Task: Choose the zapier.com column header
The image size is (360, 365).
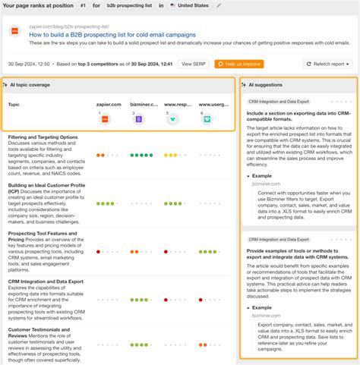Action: coord(109,104)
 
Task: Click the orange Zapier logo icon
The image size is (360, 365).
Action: coord(106,118)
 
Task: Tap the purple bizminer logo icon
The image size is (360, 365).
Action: coord(138,118)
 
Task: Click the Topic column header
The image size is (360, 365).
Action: coord(14,104)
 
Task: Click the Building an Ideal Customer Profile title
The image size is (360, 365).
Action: coord(46,185)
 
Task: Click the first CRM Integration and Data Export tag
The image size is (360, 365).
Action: coord(277,100)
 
